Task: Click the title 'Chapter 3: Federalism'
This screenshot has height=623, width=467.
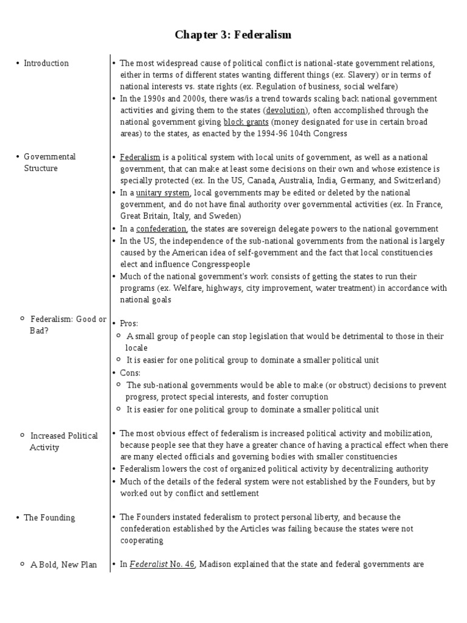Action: click(233, 35)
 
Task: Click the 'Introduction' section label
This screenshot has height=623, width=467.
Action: click(46, 63)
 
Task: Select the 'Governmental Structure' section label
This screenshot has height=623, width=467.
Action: click(49, 162)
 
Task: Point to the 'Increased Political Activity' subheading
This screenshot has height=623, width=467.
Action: click(63, 442)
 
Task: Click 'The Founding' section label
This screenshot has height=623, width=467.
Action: click(49, 518)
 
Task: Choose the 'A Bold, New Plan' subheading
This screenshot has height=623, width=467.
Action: click(63, 565)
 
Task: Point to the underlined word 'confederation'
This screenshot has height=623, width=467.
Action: click(161, 229)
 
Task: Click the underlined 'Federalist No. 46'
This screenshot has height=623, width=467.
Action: click(162, 564)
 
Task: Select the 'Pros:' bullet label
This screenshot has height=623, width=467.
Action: click(129, 324)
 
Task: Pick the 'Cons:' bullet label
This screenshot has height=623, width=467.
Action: click(130, 372)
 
